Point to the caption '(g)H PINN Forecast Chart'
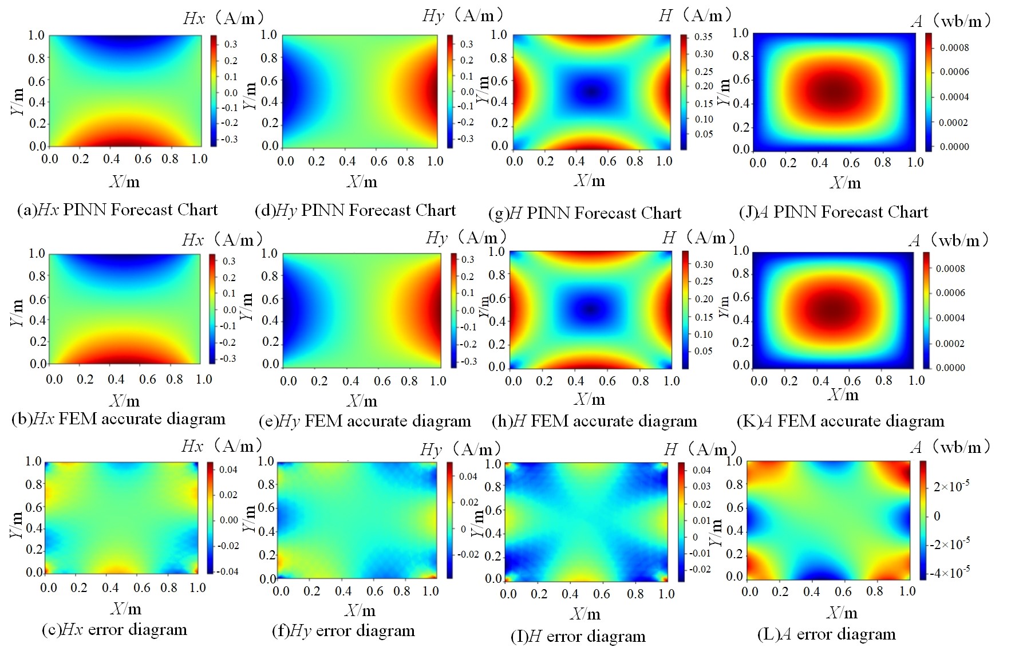[585, 214]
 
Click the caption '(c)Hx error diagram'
[114, 630]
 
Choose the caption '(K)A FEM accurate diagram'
[840, 422]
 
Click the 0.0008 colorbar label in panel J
[954, 48]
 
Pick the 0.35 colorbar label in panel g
[704, 37]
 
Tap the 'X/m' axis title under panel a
[124, 182]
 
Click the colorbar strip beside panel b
[212, 309]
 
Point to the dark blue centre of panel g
[592, 92]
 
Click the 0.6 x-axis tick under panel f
[374, 591]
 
